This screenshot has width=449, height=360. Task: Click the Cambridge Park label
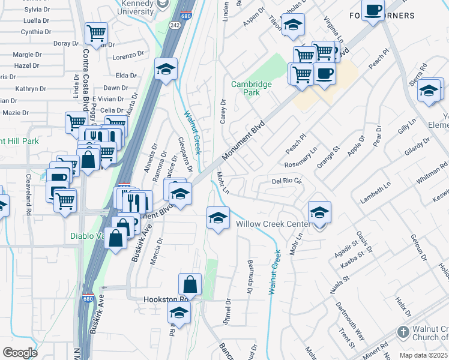[x=252, y=89]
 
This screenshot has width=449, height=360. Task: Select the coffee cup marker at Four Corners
[x=373, y=11]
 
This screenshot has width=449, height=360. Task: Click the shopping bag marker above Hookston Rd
[x=190, y=284]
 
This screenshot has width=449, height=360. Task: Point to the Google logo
[x=20, y=353]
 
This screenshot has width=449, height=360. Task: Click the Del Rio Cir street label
[x=286, y=181]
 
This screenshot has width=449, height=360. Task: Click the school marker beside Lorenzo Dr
[x=166, y=68]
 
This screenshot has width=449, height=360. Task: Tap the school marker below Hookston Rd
[x=179, y=312]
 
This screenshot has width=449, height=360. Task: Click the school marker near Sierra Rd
[x=429, y=91]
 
